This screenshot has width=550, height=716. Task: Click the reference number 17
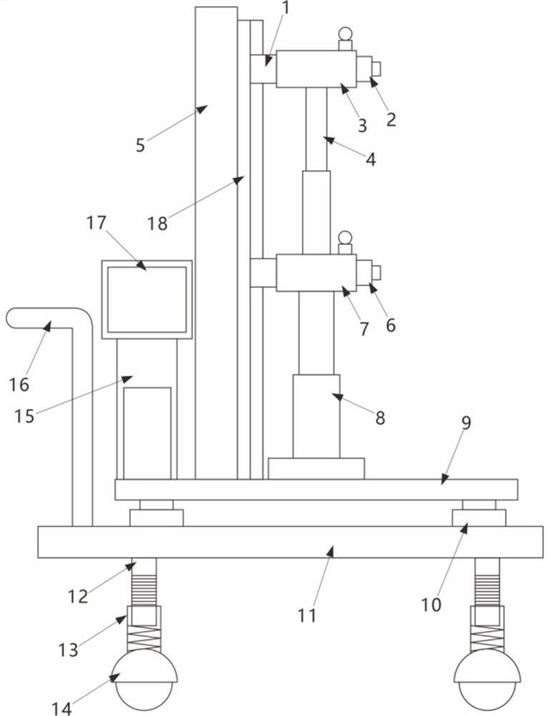[96, 223]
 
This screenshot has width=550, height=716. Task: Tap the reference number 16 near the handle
[19, 384]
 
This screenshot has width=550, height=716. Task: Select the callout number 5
[140, 145]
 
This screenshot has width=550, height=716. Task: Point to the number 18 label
[157, 223]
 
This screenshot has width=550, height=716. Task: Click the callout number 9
[466, 422]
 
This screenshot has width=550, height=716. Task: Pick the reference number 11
[307, 614]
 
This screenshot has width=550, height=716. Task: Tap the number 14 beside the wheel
[62, 708]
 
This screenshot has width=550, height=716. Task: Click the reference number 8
[380, 418]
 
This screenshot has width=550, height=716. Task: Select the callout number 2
[391, 119]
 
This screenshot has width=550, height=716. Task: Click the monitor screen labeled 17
[147, 299]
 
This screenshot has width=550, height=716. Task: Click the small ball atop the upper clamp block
[345, 33]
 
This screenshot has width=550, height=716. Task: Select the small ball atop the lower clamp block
[345, 237]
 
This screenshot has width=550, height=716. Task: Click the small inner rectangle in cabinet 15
[147, 432]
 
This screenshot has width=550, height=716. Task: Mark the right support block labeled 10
[478, 517]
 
